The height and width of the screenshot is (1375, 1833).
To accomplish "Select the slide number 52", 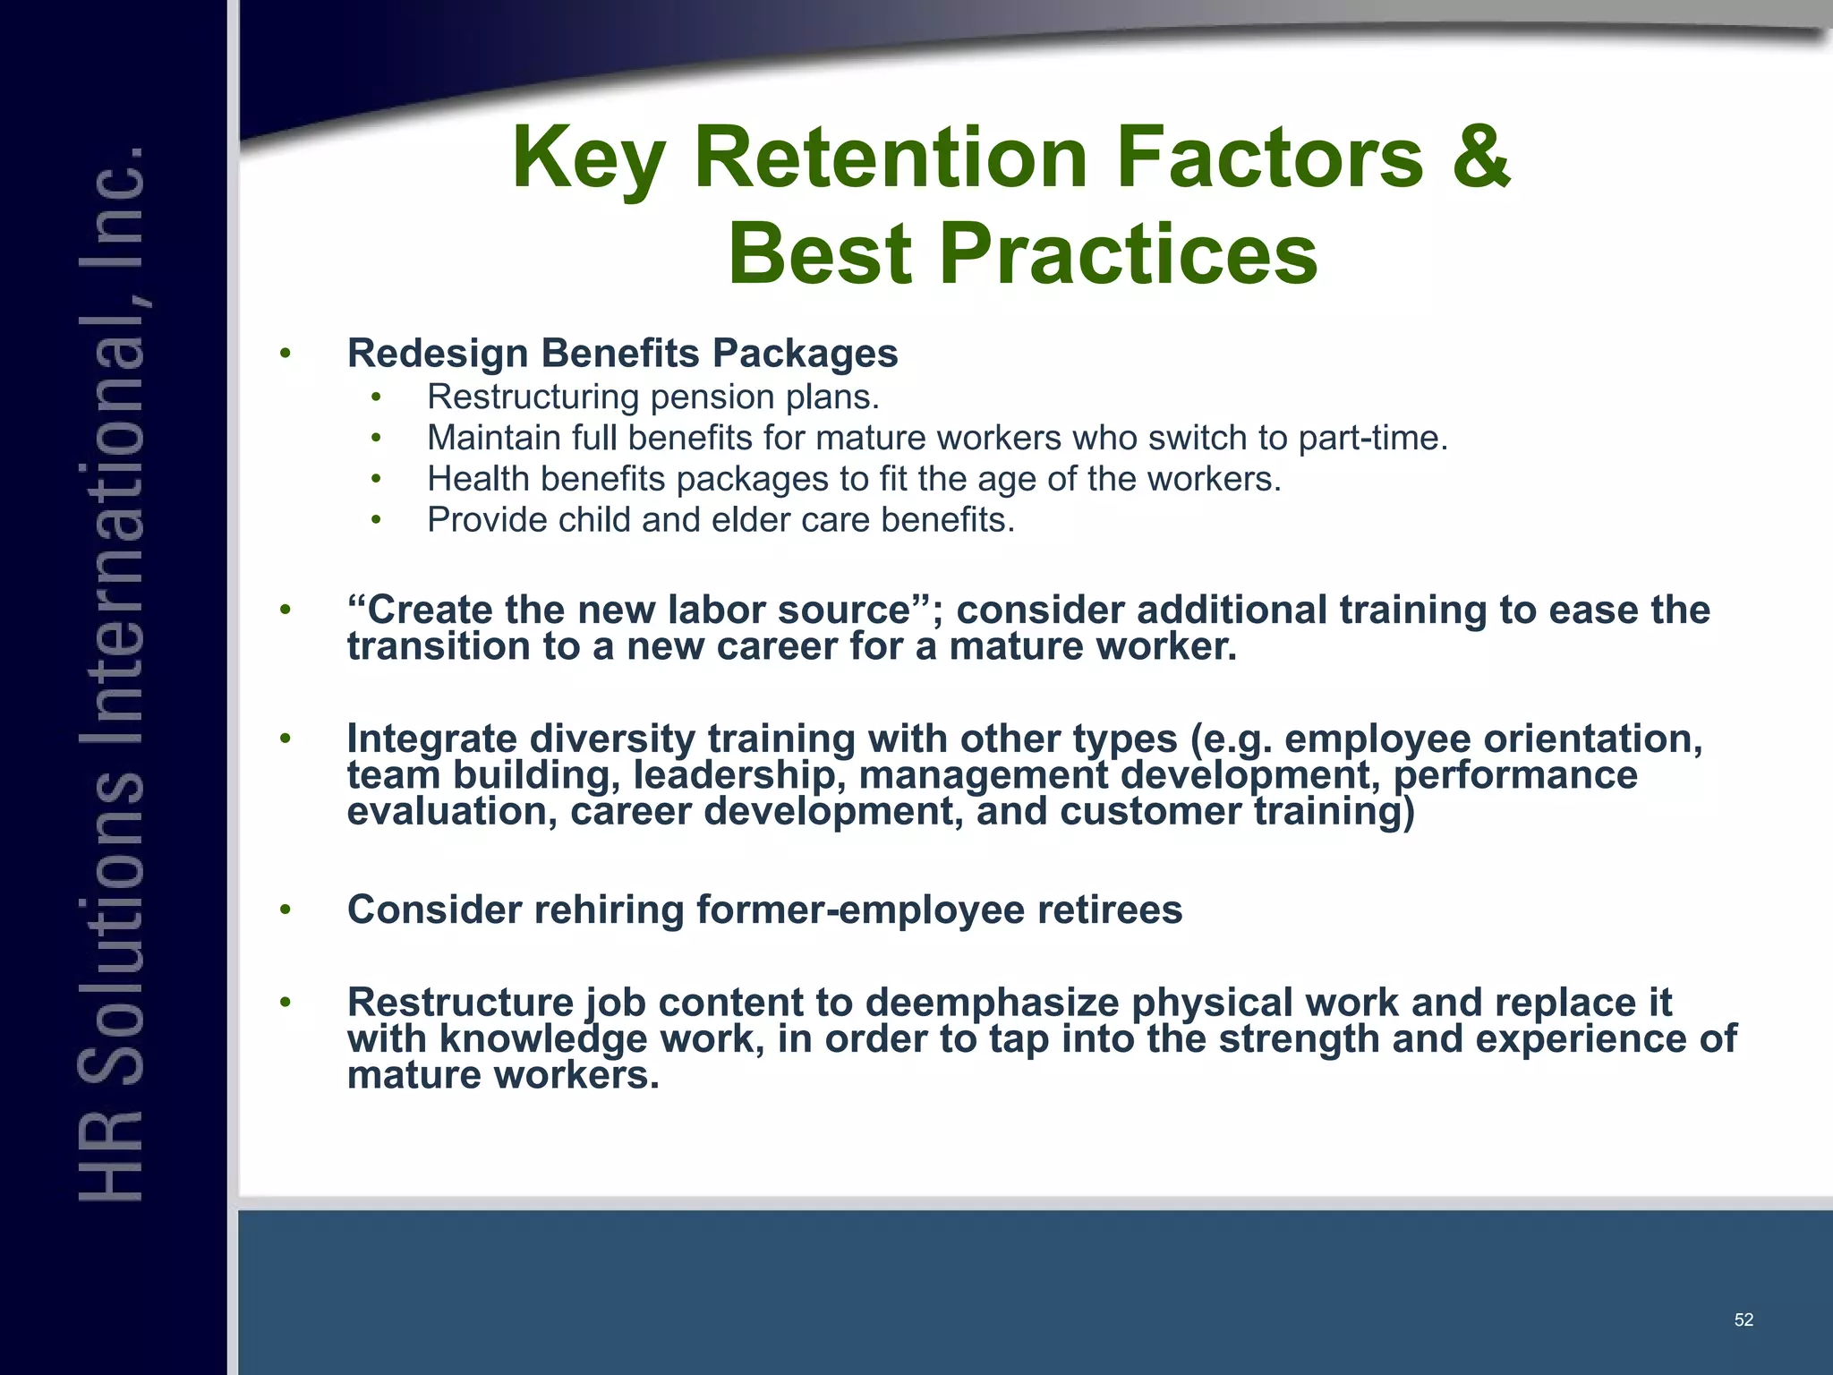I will point(1743,1319).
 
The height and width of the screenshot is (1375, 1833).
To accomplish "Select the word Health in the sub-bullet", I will point(478,479).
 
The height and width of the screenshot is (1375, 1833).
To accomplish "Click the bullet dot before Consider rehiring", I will point(286,910).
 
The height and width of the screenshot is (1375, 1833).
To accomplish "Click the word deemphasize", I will point(992,1003).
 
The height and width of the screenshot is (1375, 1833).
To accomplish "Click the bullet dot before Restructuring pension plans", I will point(377,397).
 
